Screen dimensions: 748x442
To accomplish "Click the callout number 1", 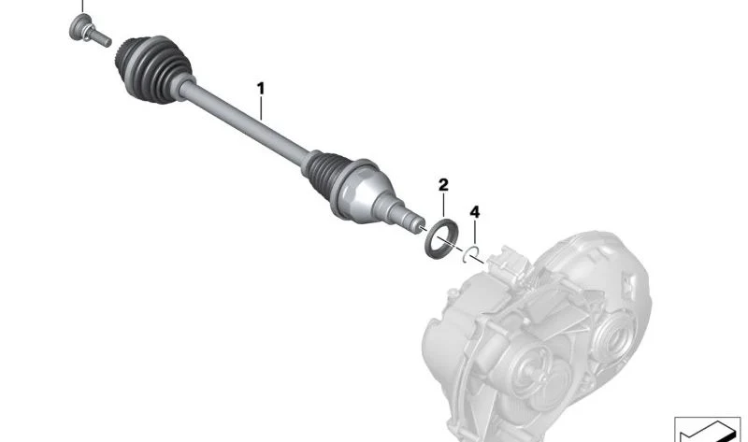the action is [261, 89].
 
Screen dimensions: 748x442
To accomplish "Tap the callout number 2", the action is [443, 184].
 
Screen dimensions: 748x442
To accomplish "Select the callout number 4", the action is [475, 212].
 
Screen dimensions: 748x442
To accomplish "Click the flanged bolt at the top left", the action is [89, 31].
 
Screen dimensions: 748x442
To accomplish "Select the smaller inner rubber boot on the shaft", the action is [325, 173].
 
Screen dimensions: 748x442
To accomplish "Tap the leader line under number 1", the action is [261, 107].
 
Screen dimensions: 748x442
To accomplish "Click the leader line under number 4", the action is [475, 232].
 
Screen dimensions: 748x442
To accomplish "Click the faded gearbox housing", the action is [537, 334].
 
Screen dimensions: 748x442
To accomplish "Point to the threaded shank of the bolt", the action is [100, 38].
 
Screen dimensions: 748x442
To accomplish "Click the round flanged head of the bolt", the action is [80, 27].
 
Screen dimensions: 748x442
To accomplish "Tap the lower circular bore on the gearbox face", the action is [535, 366].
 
